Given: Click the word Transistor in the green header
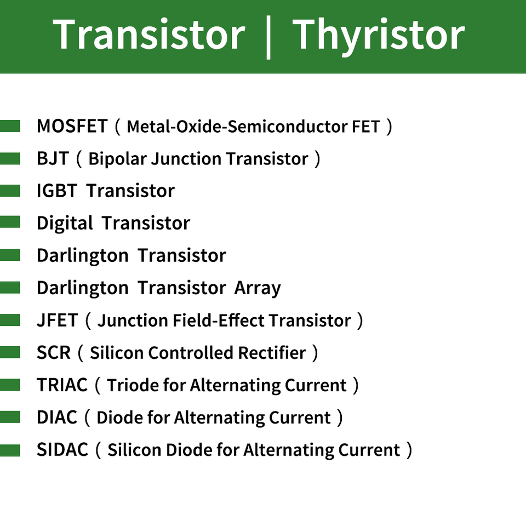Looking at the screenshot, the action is click(x=149, y=35).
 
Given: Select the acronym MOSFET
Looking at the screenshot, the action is click(x=72, y=126).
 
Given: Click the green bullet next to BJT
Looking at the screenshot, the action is click(x=10, y=159).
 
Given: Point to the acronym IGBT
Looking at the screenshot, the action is click(x=57, y=191).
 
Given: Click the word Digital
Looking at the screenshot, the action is click(x=65, y=224).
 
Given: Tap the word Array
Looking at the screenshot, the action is click(x=258, y=289).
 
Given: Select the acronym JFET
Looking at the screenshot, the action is click(x=58, y=320).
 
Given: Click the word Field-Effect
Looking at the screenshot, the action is click(x=219, y=320).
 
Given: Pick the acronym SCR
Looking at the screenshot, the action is click(x=54, y=352).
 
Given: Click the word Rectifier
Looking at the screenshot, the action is click(x=272, y=352).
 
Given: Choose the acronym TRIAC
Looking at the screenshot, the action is click(x=62, y=385).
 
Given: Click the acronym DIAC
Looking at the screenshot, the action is click(x=57, y=418).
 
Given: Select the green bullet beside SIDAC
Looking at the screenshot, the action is click(x=10, y=450).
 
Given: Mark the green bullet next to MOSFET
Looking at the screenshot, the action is click(x=10, y=126).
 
